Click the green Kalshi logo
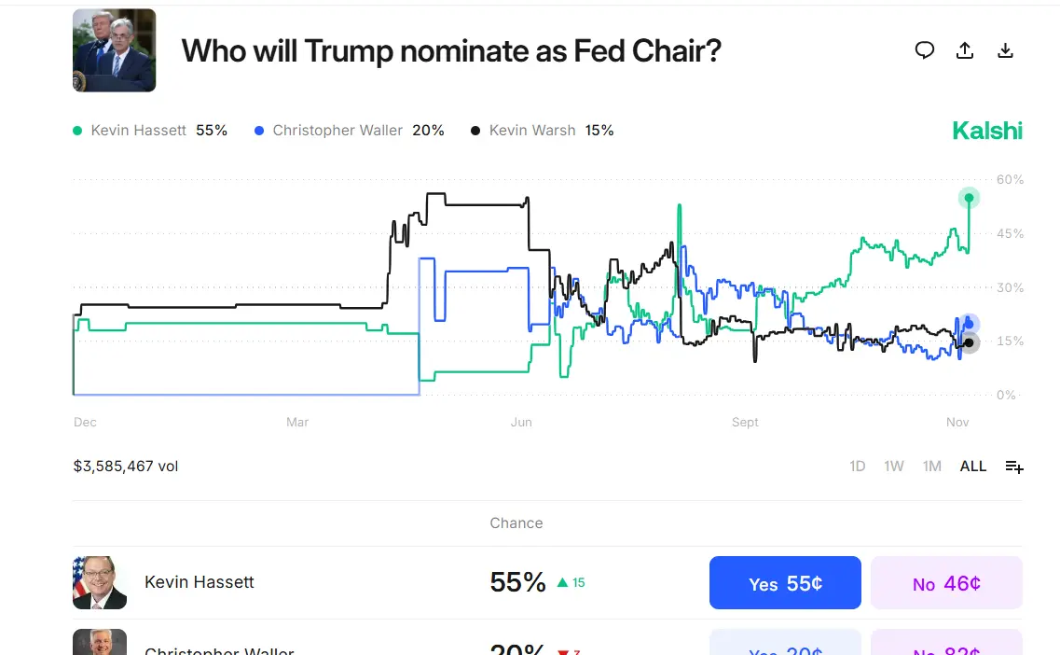pos(986,131)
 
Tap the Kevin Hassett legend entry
pos(150,131)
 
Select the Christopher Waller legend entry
pos(349,131)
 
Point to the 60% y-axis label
pos(1011,179)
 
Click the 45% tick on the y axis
pos(1011,233)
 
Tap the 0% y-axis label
pos(1007,395)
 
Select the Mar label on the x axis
pos(297,423)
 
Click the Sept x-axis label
pos(745,423)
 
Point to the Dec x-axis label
pos(85,423)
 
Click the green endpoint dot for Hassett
pos(970,198)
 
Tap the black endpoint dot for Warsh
pos(970,343)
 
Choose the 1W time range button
pos(893,466)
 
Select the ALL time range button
pos(972,466)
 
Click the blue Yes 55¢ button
pos(785,583)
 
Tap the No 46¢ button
pos(946,583)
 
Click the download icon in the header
pos(1005,50)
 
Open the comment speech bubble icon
pos(924,50)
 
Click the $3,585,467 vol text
pos(126,466)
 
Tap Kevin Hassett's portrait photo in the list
pos(100,582)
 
